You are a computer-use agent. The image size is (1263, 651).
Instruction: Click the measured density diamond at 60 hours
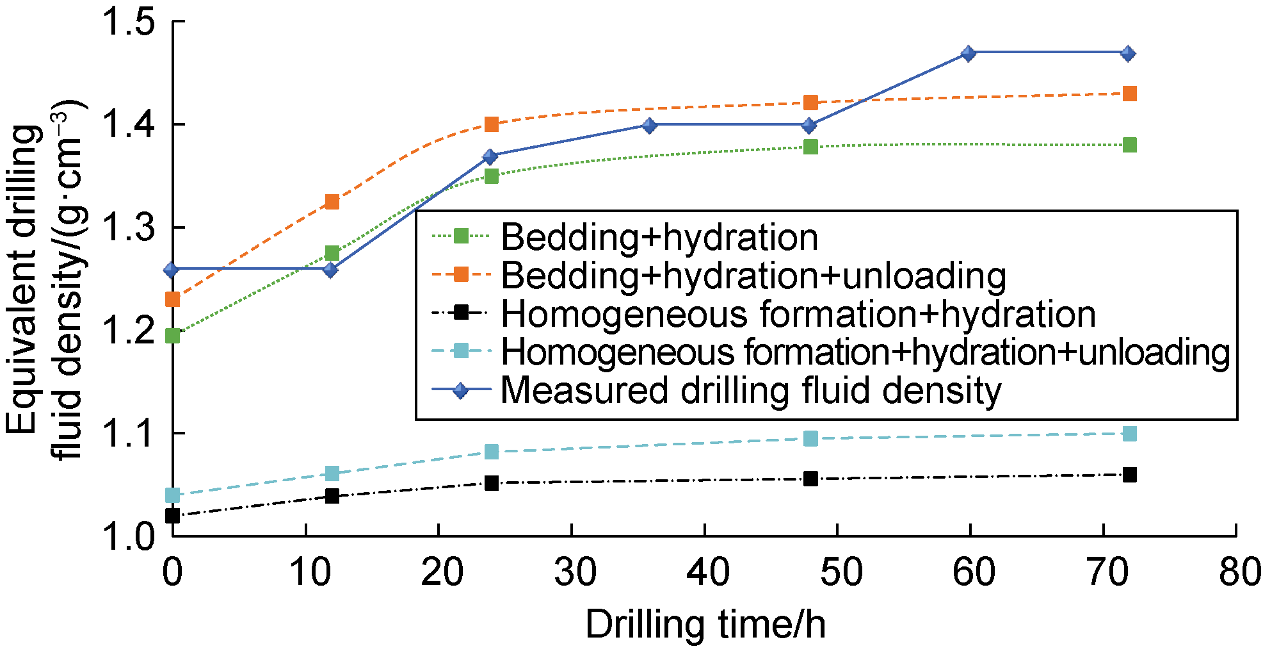[x=969, y=53]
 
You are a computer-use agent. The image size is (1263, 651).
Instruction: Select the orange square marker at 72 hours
[x=1129, y=94]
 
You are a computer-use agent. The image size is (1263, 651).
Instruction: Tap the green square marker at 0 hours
[x=172, y=336]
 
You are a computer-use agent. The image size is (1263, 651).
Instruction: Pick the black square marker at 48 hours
[x=810, y=479]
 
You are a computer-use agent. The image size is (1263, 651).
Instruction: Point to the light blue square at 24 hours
[x=491, y=452]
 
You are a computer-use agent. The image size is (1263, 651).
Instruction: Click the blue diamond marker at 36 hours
[x=649, y=125]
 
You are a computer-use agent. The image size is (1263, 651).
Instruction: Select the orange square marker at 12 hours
[x=332, y=202]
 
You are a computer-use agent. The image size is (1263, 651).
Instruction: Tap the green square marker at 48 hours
[x=810, y=147]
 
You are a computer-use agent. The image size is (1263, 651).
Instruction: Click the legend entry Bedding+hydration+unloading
[x=753, y=276]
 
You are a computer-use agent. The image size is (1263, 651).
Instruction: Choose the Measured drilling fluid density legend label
[x=750, y=390]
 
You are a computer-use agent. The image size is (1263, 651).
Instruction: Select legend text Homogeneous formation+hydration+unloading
[x=864, y=352]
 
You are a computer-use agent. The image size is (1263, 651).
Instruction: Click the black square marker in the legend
[x=460, y=313]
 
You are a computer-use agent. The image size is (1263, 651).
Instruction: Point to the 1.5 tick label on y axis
[x=129, y=22]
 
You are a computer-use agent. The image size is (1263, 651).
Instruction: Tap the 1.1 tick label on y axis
[x=129, y=434]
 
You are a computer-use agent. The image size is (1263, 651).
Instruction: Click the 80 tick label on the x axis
[x=1239, y=572]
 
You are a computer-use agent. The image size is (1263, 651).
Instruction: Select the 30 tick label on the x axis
[x=574, y=572]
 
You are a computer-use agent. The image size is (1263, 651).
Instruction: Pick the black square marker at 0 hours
[x=172, y=515]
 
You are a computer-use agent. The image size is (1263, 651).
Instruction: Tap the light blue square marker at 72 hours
[x=1129, y=434]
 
